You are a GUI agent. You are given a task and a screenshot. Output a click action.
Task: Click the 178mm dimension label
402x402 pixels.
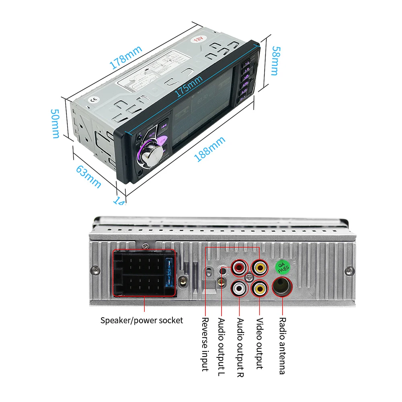(126, 57)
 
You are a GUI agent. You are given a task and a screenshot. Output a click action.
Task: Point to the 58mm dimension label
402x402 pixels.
(274, 60)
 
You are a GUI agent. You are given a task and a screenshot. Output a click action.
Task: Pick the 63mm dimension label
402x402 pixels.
(88, 176)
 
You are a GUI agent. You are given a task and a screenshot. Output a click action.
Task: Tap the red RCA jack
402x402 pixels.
(240, 267)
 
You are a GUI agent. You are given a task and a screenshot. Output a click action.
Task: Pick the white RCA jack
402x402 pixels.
(240, 288)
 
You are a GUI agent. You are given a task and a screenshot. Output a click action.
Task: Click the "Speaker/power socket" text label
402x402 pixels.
(142, 320)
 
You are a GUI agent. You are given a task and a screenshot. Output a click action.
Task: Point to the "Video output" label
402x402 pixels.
(260, 343)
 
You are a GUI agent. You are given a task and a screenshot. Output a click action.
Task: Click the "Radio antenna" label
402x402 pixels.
(283, 346)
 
